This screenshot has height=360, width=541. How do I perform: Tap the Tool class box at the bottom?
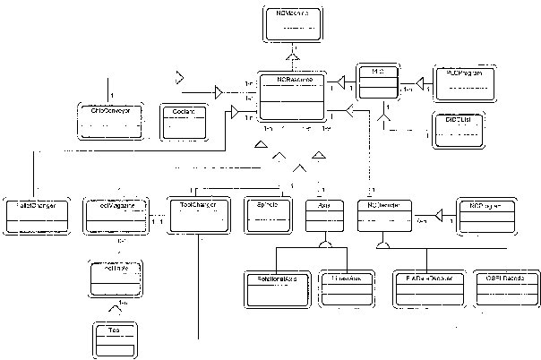point(115,339)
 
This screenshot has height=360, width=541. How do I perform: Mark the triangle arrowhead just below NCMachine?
point(291,56)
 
